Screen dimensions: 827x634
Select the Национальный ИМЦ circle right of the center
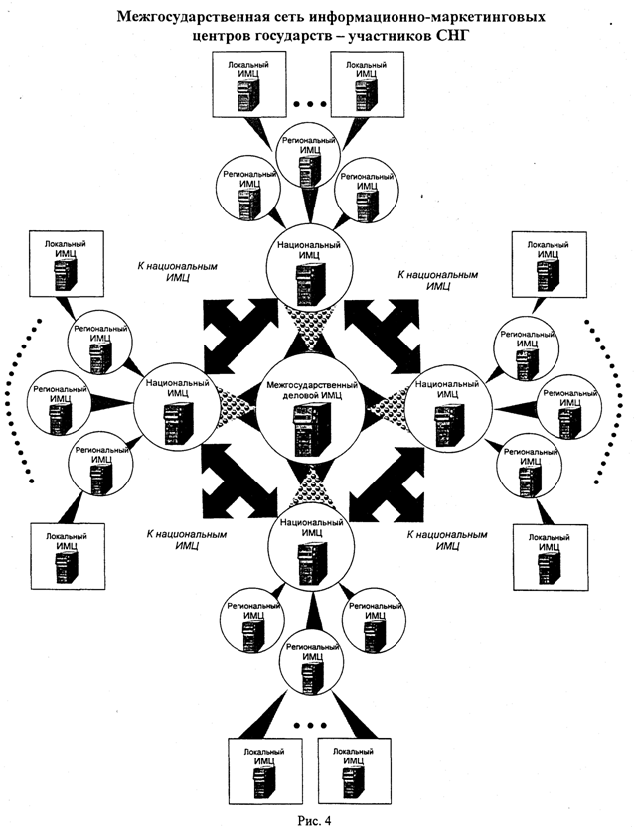452,407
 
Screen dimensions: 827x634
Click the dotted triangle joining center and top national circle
314,324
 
